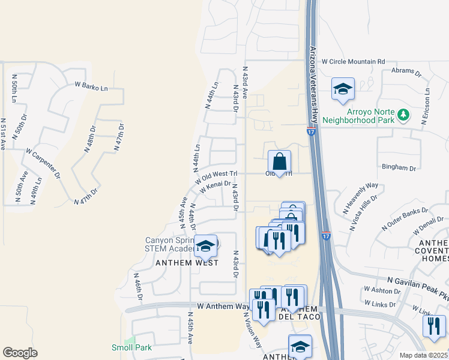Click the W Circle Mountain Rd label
(x=353, y=61)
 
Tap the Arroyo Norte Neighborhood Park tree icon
(x=405, y=113)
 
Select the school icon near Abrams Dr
(x=343, y=89)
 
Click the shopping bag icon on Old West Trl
(x=280, y=161)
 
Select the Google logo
(x=20, y=352)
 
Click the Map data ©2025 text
(x=423, y=355)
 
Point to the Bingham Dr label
(x=399, y=169)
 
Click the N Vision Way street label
(x=253, y=333)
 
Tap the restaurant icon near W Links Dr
(x=433, y=325)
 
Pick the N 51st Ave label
(x=3, y=134)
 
